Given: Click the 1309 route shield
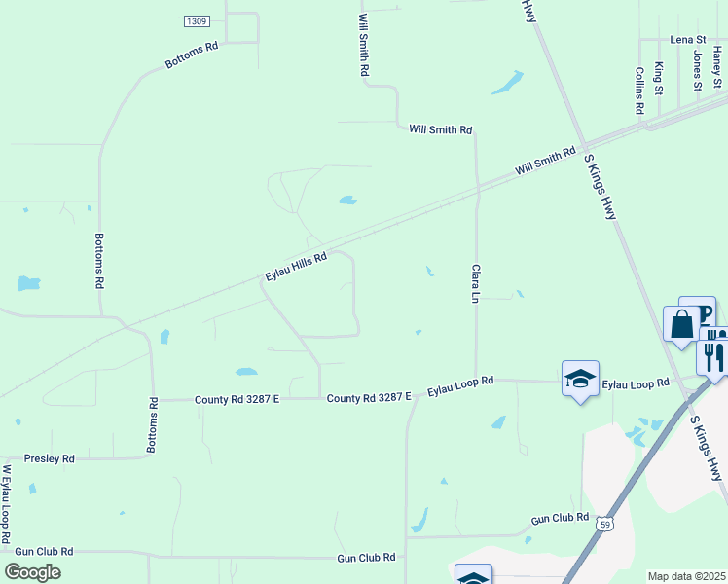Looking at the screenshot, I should point(197,20).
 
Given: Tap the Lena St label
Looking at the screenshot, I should point(687,40).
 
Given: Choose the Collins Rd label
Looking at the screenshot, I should point(639,91).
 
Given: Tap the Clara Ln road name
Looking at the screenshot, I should point(476,281).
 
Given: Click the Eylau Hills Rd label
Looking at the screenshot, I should point(296,266).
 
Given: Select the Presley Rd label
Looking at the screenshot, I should point(49,458).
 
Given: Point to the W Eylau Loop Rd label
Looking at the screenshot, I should point(7,503).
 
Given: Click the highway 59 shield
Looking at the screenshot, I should point(604,523).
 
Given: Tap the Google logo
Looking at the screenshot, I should point(32,571).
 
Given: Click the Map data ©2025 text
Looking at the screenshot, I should point(686,576).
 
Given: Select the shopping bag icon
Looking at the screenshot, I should point(679,324).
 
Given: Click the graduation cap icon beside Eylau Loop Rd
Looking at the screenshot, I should point(580,379).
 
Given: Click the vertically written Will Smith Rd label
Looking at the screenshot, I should point(363,45).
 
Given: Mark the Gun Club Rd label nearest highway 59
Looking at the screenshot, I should point(560,518).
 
